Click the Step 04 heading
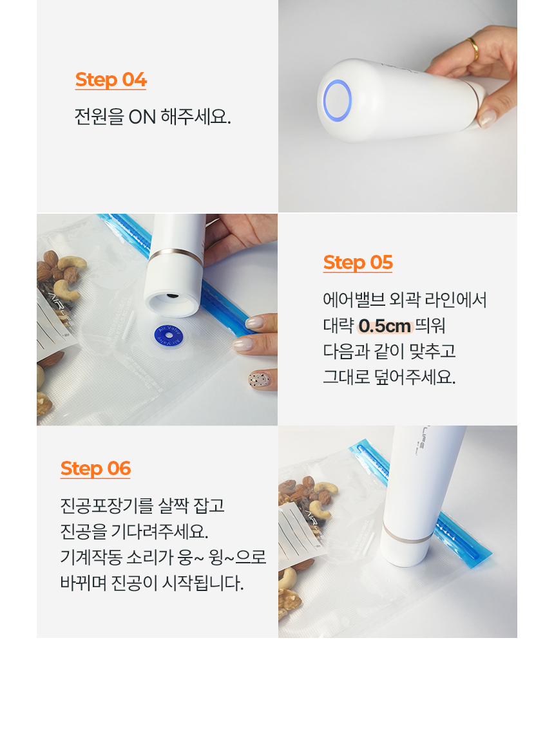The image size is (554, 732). pos(111,80)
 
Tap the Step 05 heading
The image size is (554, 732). pos(358,263)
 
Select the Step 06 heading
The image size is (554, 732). pos(96,468)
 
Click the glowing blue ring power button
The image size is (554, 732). pos(337,101)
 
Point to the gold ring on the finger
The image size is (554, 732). pos(473,48)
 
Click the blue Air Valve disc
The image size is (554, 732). pos(169,336)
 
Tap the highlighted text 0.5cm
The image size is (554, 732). pos(385,326)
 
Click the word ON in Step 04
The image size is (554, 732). pos(142,117)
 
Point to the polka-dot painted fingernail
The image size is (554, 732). pos(260,380)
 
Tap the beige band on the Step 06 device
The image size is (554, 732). pos(407,535)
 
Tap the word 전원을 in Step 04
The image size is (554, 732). pos(99,117)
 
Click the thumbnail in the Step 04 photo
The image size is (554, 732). pos(487,118)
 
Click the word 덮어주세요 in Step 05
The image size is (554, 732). pos(415,377)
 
